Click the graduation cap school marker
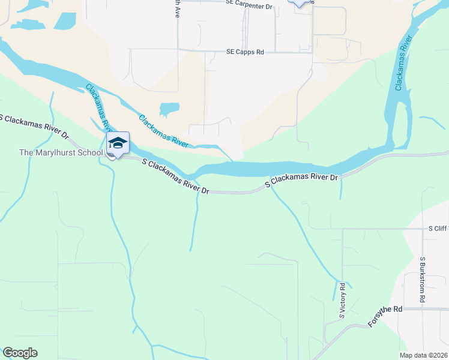coord(118,143)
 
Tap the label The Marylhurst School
coord(61,152)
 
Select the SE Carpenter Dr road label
coord(249,3)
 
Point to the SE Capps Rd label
coord(245,52)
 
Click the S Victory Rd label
coord(341,300)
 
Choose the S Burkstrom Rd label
coord(423,280)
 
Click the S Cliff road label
coord(437,229)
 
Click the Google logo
coord(20,353)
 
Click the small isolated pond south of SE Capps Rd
coord(169,109)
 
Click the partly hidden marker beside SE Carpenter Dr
coord(301,2)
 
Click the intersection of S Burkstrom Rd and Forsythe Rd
coord(423,309)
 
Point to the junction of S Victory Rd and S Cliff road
coord(342,229)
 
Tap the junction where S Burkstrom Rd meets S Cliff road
coord(423,229)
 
